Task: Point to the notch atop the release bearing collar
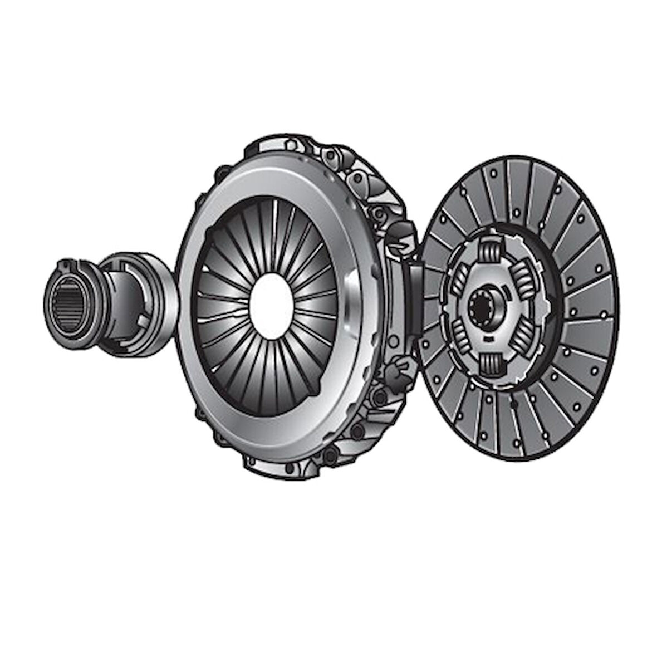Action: pos(67,262)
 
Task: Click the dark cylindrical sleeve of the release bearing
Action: pos(111,303)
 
